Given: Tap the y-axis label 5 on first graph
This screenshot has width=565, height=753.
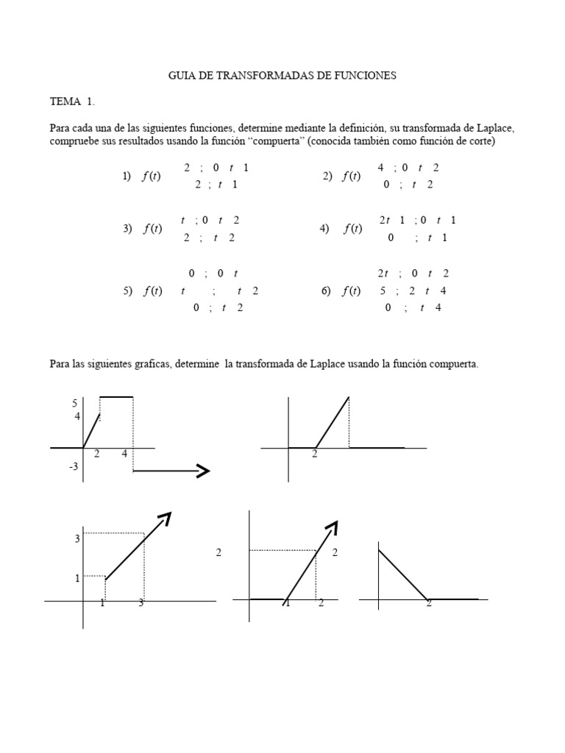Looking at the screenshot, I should pos(74,402).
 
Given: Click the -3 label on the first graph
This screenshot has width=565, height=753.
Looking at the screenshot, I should pos(73,467).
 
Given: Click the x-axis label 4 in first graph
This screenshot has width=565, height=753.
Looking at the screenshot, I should pos(124,454).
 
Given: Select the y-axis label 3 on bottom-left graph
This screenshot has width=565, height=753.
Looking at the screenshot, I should pos(77,539).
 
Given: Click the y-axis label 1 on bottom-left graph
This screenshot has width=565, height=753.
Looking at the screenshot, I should pos(77,578).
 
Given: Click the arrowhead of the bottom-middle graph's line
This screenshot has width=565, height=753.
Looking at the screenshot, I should pos(333,526).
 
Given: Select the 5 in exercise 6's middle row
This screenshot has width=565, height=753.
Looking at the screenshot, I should pos(383,290).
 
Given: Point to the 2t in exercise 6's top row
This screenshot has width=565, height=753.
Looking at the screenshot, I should pos(383,273).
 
